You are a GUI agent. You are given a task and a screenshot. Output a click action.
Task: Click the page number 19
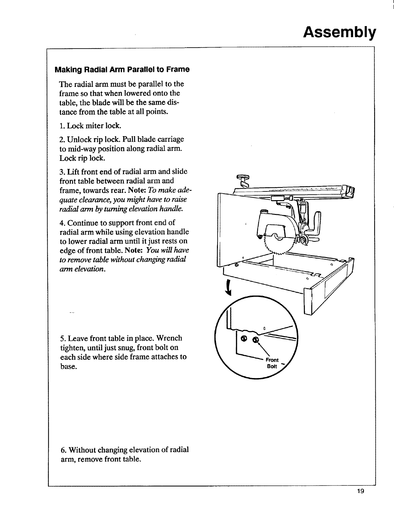tap(360, 500)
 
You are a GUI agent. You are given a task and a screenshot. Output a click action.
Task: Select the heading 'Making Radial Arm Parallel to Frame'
tap(122, 69)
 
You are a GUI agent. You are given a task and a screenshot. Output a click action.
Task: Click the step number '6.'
tap(64, 450)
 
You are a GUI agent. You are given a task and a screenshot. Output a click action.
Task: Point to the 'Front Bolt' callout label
tap(272, 363)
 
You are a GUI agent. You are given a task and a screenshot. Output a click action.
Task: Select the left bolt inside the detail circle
tap(244, 339)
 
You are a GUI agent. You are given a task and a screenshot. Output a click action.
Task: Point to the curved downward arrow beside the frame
tap(229, 287)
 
